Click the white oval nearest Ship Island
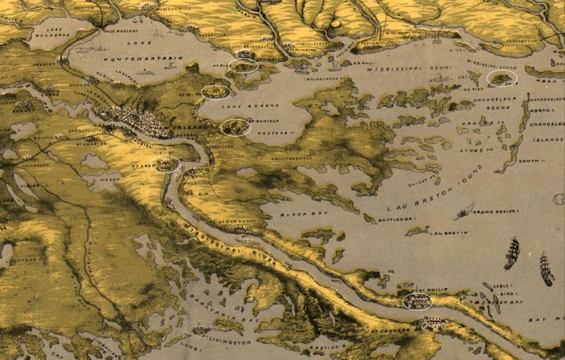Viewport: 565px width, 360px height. pos(502,78)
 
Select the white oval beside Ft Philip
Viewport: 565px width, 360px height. pos(417,302)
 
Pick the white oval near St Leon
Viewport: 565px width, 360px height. pos(167,164)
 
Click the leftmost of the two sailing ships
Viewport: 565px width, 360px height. pos(512,253)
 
